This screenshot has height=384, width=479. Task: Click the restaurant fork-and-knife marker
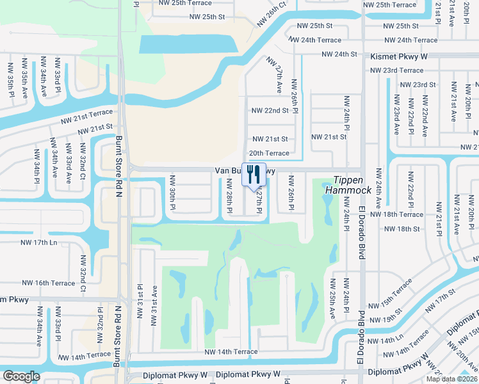254,173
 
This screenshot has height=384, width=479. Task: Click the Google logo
21,376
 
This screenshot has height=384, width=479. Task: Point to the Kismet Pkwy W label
399,57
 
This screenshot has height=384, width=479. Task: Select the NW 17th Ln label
40,243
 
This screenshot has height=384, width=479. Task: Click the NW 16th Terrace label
49,282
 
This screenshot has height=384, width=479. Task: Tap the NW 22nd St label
270,110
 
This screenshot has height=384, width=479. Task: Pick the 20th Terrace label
269,153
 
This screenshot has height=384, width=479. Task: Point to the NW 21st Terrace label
86,116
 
